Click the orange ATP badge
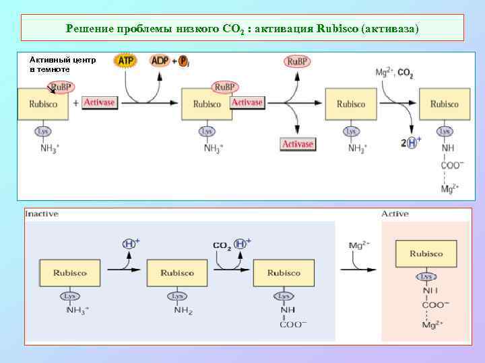(126, 61)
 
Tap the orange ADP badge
(160, 61)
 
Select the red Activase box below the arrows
(298, 144)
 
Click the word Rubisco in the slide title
(337, 29)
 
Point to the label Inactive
(42, 214)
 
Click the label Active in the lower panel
(395, 214)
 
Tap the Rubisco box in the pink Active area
(426, 254)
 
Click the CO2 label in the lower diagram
(222, 246)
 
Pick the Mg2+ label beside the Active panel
(358, 245)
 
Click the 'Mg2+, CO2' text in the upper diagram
(394, 73)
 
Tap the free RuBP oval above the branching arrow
(297, 63)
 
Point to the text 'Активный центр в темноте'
(62, 65)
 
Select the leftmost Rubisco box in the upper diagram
(42, 104)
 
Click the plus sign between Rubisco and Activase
(75, 103)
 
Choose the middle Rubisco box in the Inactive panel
(177, 273)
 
